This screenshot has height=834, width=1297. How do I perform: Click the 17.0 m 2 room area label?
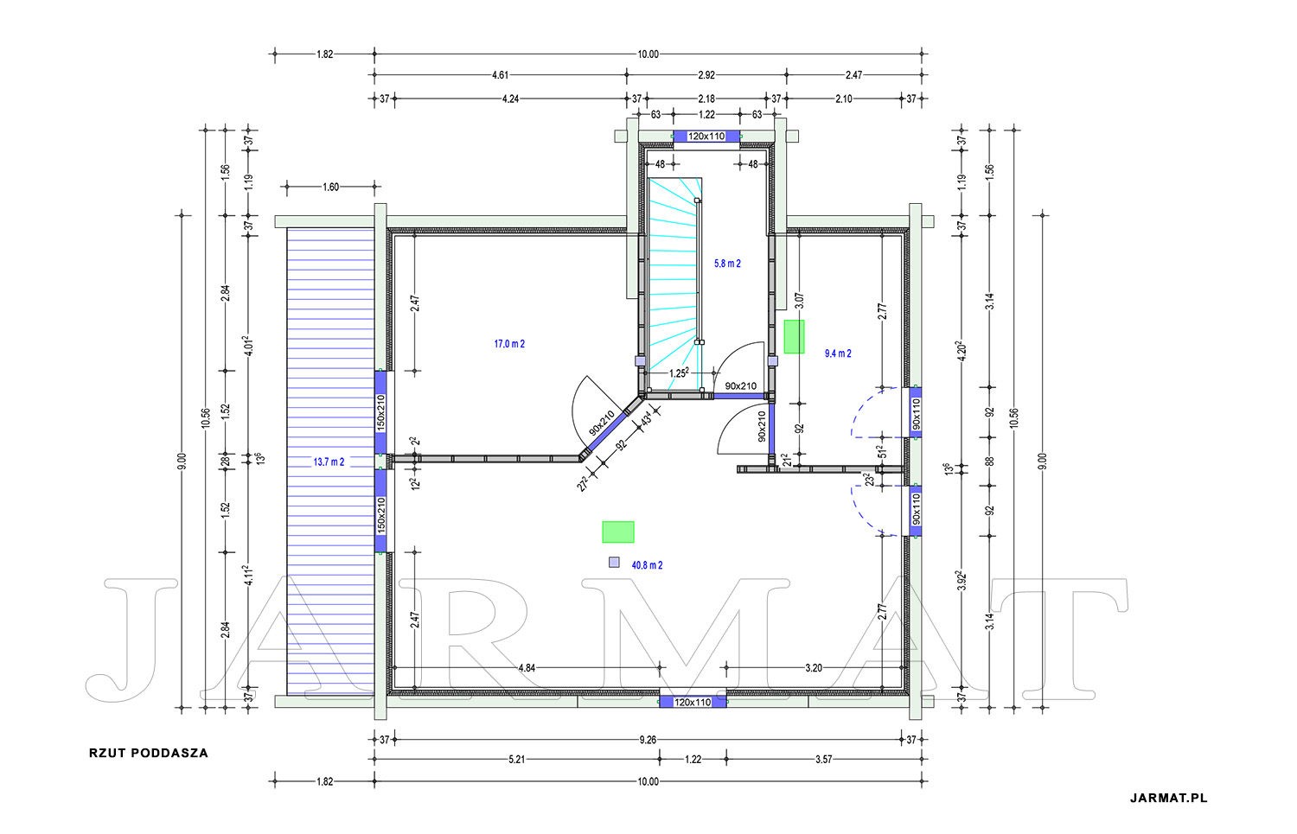(x=509, y=344)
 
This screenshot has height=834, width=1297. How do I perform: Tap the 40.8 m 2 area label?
(x=647, y=565)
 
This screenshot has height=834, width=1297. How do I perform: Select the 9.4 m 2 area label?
(x=838, y=353)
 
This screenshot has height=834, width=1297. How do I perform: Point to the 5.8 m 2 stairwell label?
(x=727, y=264)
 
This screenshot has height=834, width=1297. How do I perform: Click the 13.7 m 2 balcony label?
(x=329, y=462)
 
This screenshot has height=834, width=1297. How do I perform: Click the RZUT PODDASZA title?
(x=148, y=753)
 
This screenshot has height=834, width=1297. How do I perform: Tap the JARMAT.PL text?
(x=1168, y=798)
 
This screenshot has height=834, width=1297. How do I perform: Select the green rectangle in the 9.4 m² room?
(x=794, y=337)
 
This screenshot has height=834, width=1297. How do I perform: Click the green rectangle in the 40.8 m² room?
(x=618, y=532)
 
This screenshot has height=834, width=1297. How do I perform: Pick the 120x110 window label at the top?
(x=706, y=137)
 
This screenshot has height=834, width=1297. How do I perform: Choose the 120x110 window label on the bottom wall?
(x=693, y=703)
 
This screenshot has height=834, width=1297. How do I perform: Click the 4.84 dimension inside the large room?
(x=527, y=668)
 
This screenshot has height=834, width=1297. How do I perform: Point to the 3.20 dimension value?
(x=814, y=668)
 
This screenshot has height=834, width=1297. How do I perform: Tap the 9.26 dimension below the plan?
(x=648, y=740)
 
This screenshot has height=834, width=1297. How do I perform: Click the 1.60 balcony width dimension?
(x=330, y=187)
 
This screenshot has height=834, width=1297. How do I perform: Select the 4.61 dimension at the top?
(x=501, y=74)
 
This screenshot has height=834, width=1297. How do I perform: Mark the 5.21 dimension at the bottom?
(x=516, y=760)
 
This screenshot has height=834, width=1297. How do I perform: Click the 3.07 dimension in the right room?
(x=800, y=301)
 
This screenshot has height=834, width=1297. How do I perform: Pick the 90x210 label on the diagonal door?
(x=602, y=423)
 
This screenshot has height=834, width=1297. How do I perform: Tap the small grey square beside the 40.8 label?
(x=614, y=562)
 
